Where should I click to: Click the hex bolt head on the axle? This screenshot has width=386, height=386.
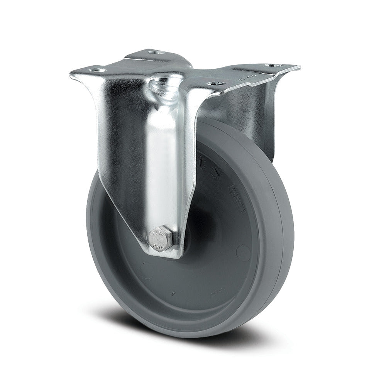161,240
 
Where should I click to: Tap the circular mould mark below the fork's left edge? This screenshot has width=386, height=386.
146,267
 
